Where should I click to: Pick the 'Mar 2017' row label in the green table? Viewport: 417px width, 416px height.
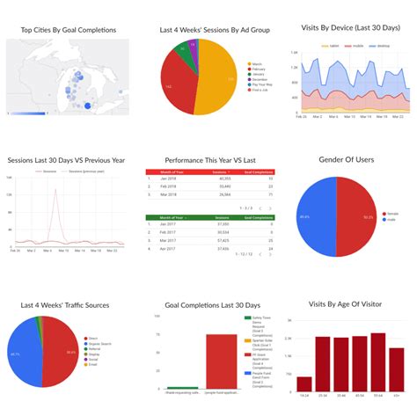click(167, 239)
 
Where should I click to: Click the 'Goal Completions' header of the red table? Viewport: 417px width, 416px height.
click(258, 171)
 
